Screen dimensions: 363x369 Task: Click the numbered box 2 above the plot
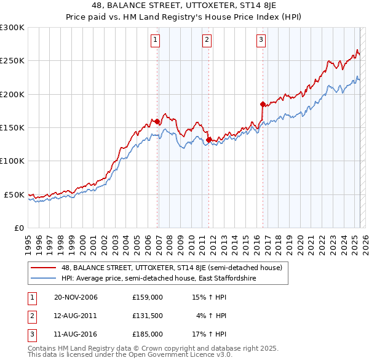pos(207,41)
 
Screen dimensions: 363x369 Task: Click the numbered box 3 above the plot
pos(261,41)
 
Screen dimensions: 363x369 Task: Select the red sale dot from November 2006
pos(157,122)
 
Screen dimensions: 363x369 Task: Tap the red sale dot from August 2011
pos(208,140)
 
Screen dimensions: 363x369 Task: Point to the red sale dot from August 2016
pos(263,104)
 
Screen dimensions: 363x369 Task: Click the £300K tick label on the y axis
pos(12,28)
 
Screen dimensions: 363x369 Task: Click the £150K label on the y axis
pos(12,127)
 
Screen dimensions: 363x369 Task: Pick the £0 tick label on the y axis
pos(18,228)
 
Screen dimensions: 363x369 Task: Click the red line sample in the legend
pos(43,268)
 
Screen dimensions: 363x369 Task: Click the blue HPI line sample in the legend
pos(43,279)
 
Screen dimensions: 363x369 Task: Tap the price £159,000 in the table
pos(147,297)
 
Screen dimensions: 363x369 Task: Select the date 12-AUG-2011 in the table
pos(76,316)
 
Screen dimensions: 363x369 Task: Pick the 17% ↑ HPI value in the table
pos(209,334)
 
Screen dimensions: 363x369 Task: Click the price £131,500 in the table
pos(147,316)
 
